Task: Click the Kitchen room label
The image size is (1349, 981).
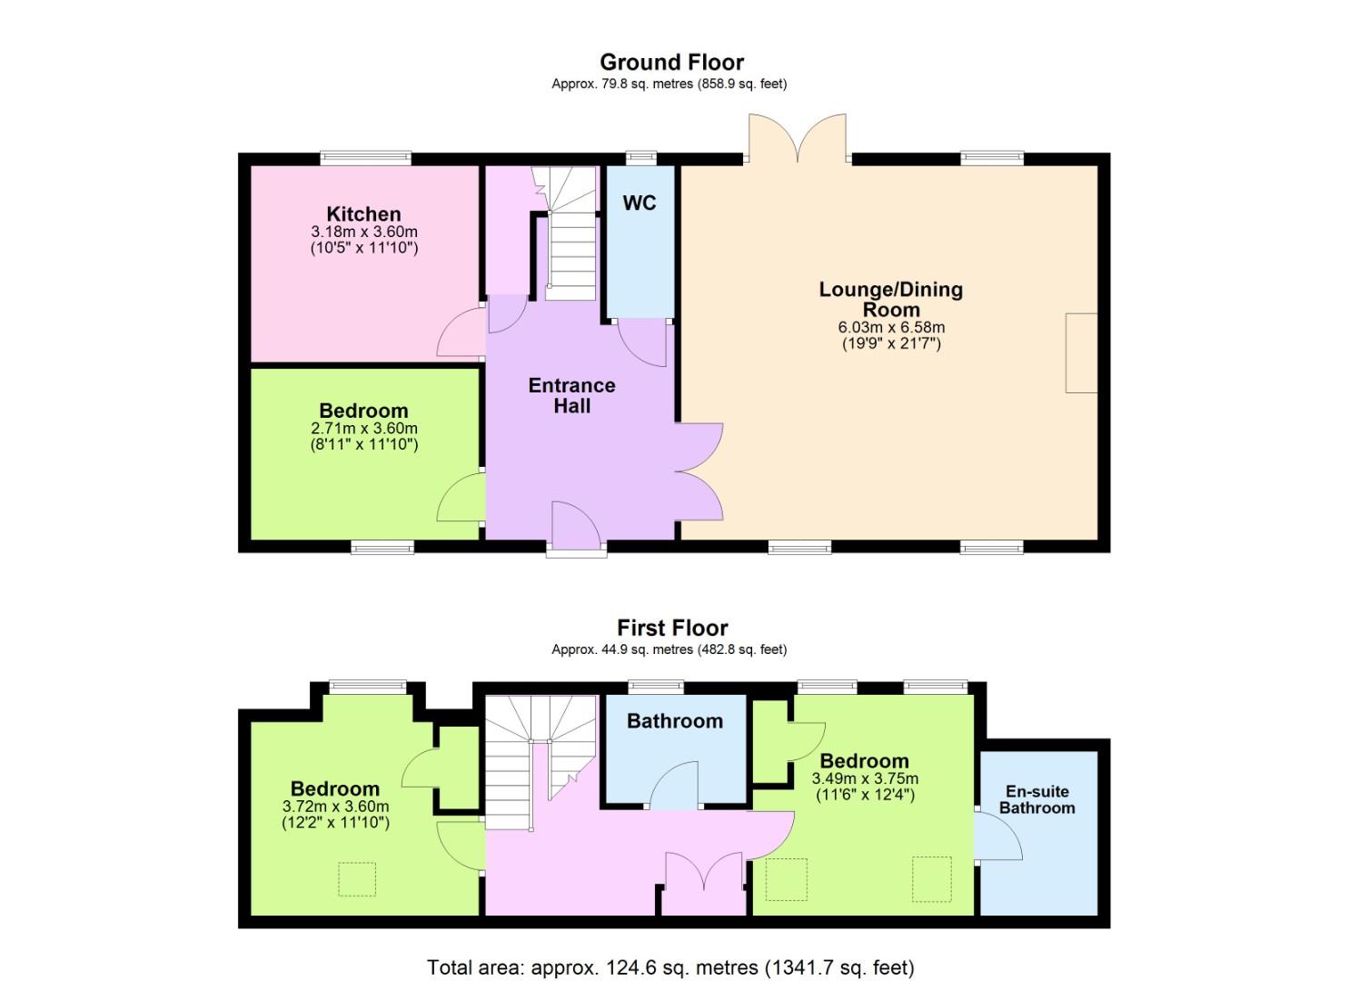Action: click(x=363, y=213)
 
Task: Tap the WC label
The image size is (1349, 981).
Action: click(x=640, y=203)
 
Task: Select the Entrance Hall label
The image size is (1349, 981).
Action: click(x=572, y=396)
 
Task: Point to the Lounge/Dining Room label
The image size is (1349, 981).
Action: click(x=891, y=300)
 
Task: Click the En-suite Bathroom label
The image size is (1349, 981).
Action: click(x=1037, y=799)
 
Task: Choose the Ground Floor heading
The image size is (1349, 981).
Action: click(x=672, y=62)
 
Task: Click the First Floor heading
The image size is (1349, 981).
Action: click(x=673, y=628)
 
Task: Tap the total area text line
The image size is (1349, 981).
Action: click(x=671, y=950)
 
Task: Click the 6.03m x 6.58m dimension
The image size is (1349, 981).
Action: click(x=891, y=328)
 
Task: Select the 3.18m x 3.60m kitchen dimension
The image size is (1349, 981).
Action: click(x=364, y=232)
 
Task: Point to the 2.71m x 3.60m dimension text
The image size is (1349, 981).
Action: click(x=364, y=428)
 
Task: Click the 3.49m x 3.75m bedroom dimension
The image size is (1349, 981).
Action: click(x=866, y=778)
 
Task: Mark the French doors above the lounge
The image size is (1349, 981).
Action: click(x=798, y=138)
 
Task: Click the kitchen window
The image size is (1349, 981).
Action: click(x=365, y=158)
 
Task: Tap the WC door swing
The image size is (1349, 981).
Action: click(x=642, y=342)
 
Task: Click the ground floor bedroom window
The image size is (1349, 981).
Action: click(x=383, y=548)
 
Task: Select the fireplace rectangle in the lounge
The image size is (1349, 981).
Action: click(x=1082, y=353)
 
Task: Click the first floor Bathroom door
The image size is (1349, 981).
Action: click(x=674, y=785)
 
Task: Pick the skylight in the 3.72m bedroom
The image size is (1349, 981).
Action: click(x=357, y=879)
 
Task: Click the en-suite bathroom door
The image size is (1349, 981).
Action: click(x=998, y=837)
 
